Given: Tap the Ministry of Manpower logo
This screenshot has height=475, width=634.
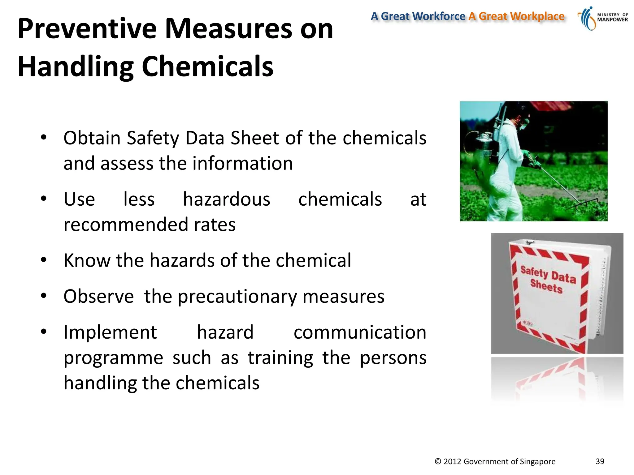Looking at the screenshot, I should point(602,19).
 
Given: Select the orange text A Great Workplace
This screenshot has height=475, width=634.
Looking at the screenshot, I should point(516,16).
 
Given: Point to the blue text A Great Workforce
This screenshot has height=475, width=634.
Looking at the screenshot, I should point(418,16).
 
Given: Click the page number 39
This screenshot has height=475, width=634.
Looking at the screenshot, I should point(600,461).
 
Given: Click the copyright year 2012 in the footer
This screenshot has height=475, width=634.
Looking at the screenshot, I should point(453,462).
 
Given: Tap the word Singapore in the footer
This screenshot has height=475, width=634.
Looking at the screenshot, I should point(538,462).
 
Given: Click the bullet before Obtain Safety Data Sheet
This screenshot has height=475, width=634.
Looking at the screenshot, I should point(44,137).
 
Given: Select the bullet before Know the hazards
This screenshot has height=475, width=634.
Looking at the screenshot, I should point(44,260).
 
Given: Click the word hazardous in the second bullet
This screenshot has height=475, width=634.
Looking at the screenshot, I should point(226,199).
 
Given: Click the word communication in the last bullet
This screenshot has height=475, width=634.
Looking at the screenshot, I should point(360,332).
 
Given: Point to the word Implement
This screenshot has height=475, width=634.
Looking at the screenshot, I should point(110,332).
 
